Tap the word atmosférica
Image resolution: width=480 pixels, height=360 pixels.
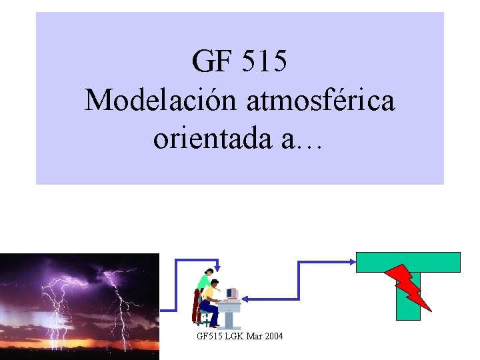coord(321,100)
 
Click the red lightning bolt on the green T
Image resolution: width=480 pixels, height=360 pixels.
coord(408,285)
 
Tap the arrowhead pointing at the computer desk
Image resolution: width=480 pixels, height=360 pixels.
coord(245,299)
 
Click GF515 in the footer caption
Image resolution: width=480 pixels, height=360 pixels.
coord(210,337)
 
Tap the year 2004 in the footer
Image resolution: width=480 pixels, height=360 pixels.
coord(273,337)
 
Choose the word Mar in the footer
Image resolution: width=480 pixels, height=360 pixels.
coord(255,337)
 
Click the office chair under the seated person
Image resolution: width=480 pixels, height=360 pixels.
coord(206,318)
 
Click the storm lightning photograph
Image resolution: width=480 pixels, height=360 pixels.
coord(80,306)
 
